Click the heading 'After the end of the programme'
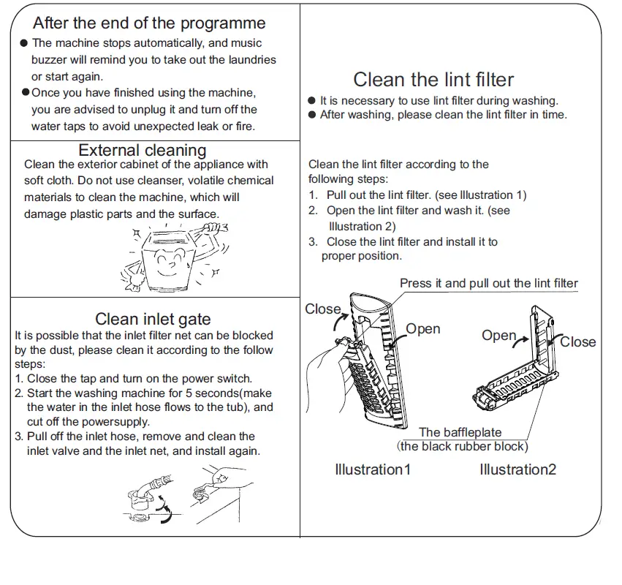[149, 23]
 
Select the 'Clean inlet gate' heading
[153, 318]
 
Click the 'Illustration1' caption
[372, 469]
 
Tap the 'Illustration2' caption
[517, 469]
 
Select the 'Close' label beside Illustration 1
[322, 309]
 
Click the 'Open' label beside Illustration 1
[422, 328]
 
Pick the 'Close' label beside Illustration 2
[577, 341]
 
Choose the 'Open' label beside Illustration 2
[498, 335]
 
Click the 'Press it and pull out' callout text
[488, 283]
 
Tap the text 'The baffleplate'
[460, 432]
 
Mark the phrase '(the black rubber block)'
[462, 445]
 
